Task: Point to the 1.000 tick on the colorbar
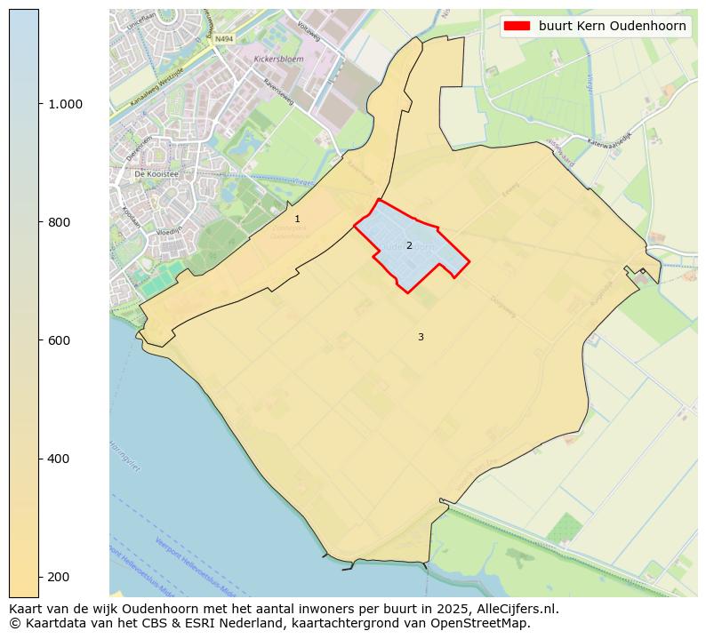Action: coord(65,104)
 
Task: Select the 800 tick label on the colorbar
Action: coord(60,222)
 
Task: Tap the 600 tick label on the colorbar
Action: coord(60,340)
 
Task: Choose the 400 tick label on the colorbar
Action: coord(60,459)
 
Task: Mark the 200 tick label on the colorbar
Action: coord(60,577)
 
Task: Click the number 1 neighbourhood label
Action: coord(297,219)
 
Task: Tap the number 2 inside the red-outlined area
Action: coord(409,245)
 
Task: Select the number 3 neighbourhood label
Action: coord(421,337)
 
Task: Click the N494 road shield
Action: coord(223,40)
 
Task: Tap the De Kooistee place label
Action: coord(156,175)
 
